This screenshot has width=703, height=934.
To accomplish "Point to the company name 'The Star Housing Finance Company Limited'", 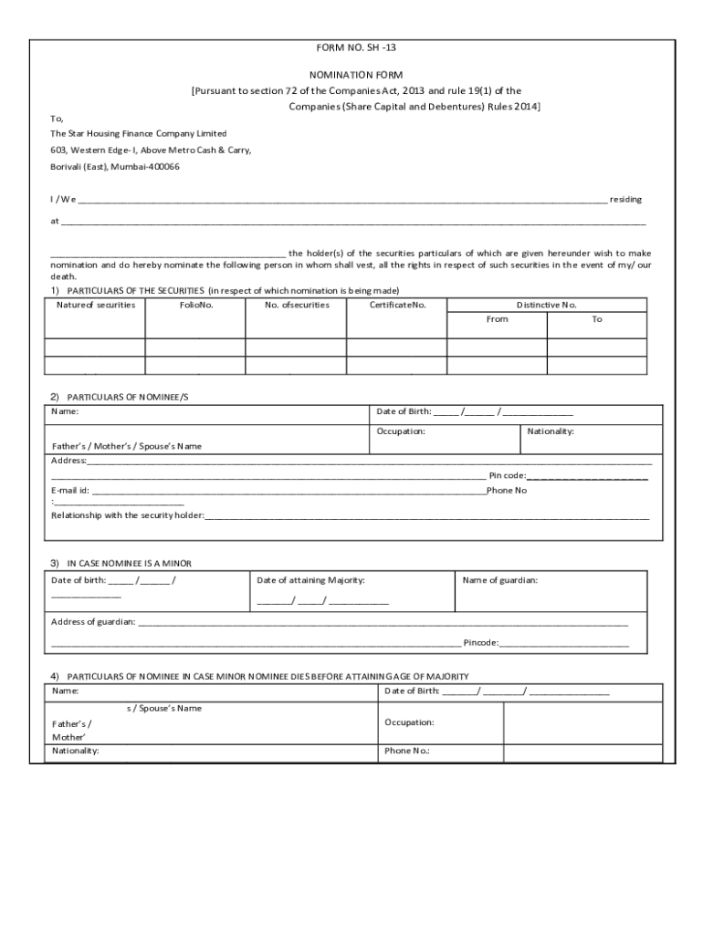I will point(138,133).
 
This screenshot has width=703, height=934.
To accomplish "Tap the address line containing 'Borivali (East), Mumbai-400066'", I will point(115,167).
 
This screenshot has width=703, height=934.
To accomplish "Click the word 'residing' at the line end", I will point(625,199).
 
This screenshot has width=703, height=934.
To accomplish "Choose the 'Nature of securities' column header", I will point(95,305).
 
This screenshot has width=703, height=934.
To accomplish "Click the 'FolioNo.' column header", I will point(195,305).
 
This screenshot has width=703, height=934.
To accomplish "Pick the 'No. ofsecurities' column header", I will point(297,305).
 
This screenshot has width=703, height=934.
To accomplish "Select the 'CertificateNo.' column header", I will point(397,305).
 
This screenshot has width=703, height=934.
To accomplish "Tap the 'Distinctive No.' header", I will point(546,305).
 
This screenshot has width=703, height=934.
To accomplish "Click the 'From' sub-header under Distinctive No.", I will point(498,319).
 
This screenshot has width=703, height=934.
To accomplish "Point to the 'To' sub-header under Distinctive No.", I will point(597,319).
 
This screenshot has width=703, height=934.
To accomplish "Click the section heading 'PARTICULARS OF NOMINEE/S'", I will point(127,398).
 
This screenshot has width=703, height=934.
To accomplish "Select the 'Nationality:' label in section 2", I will point(551,431).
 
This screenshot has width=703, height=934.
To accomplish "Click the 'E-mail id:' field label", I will point(70,491).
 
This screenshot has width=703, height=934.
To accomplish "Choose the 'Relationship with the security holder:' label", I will point(128,515).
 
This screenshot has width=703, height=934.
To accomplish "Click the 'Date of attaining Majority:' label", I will point(311,580).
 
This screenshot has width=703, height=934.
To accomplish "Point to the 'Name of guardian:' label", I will point(500,580).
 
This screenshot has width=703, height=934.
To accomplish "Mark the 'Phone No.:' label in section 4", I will point(407,752).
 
